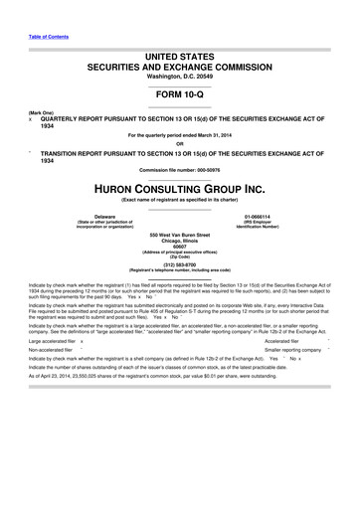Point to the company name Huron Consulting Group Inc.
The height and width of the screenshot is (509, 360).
coord(179,191)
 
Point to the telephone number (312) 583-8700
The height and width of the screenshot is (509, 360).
coord(179,264)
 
